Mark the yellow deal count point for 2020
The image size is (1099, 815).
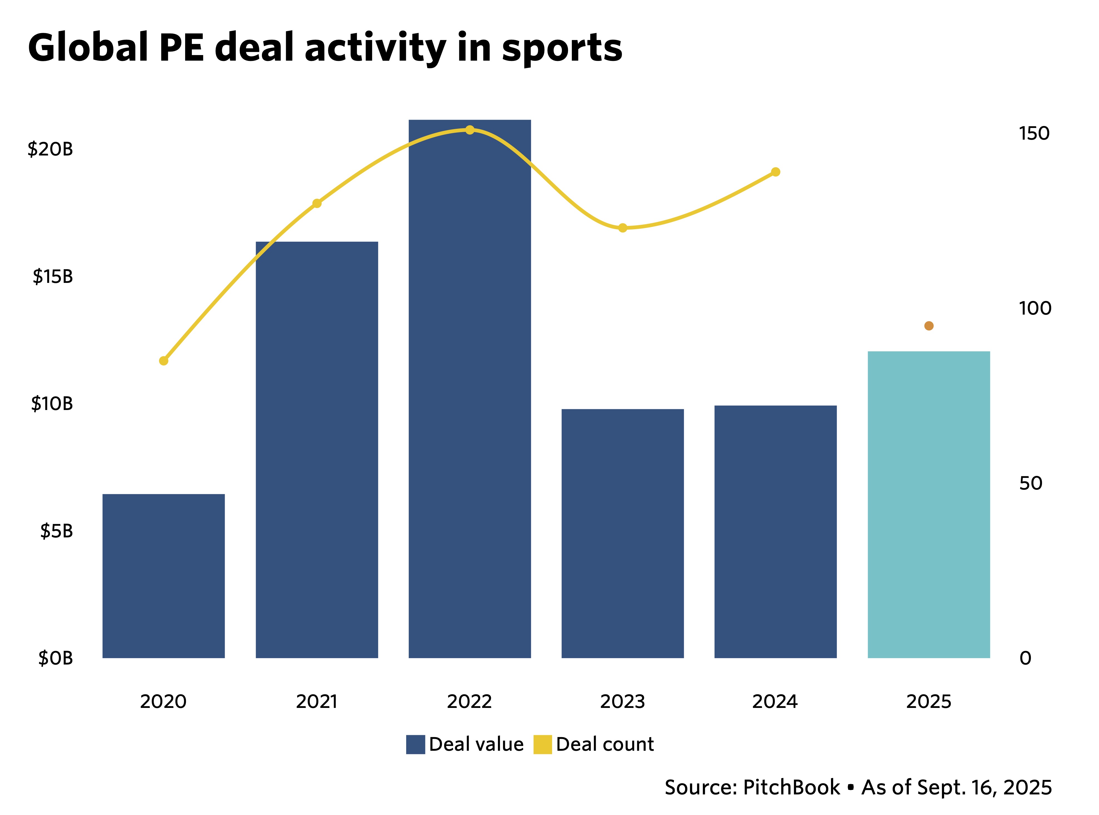coord(164,361)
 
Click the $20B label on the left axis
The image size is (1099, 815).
coord(50,149)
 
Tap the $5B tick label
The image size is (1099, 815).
coord(56,531)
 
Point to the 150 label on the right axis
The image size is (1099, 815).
coord(1034,133)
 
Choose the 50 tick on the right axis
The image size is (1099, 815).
coord(1030,483)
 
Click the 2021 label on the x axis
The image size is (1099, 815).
coord(317,701)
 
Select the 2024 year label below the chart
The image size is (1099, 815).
coord(775,701)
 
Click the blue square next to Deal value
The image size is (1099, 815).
coord(415,744)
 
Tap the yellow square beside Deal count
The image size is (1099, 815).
coord(542,744)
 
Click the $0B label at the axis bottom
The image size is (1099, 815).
coord(55,658)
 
